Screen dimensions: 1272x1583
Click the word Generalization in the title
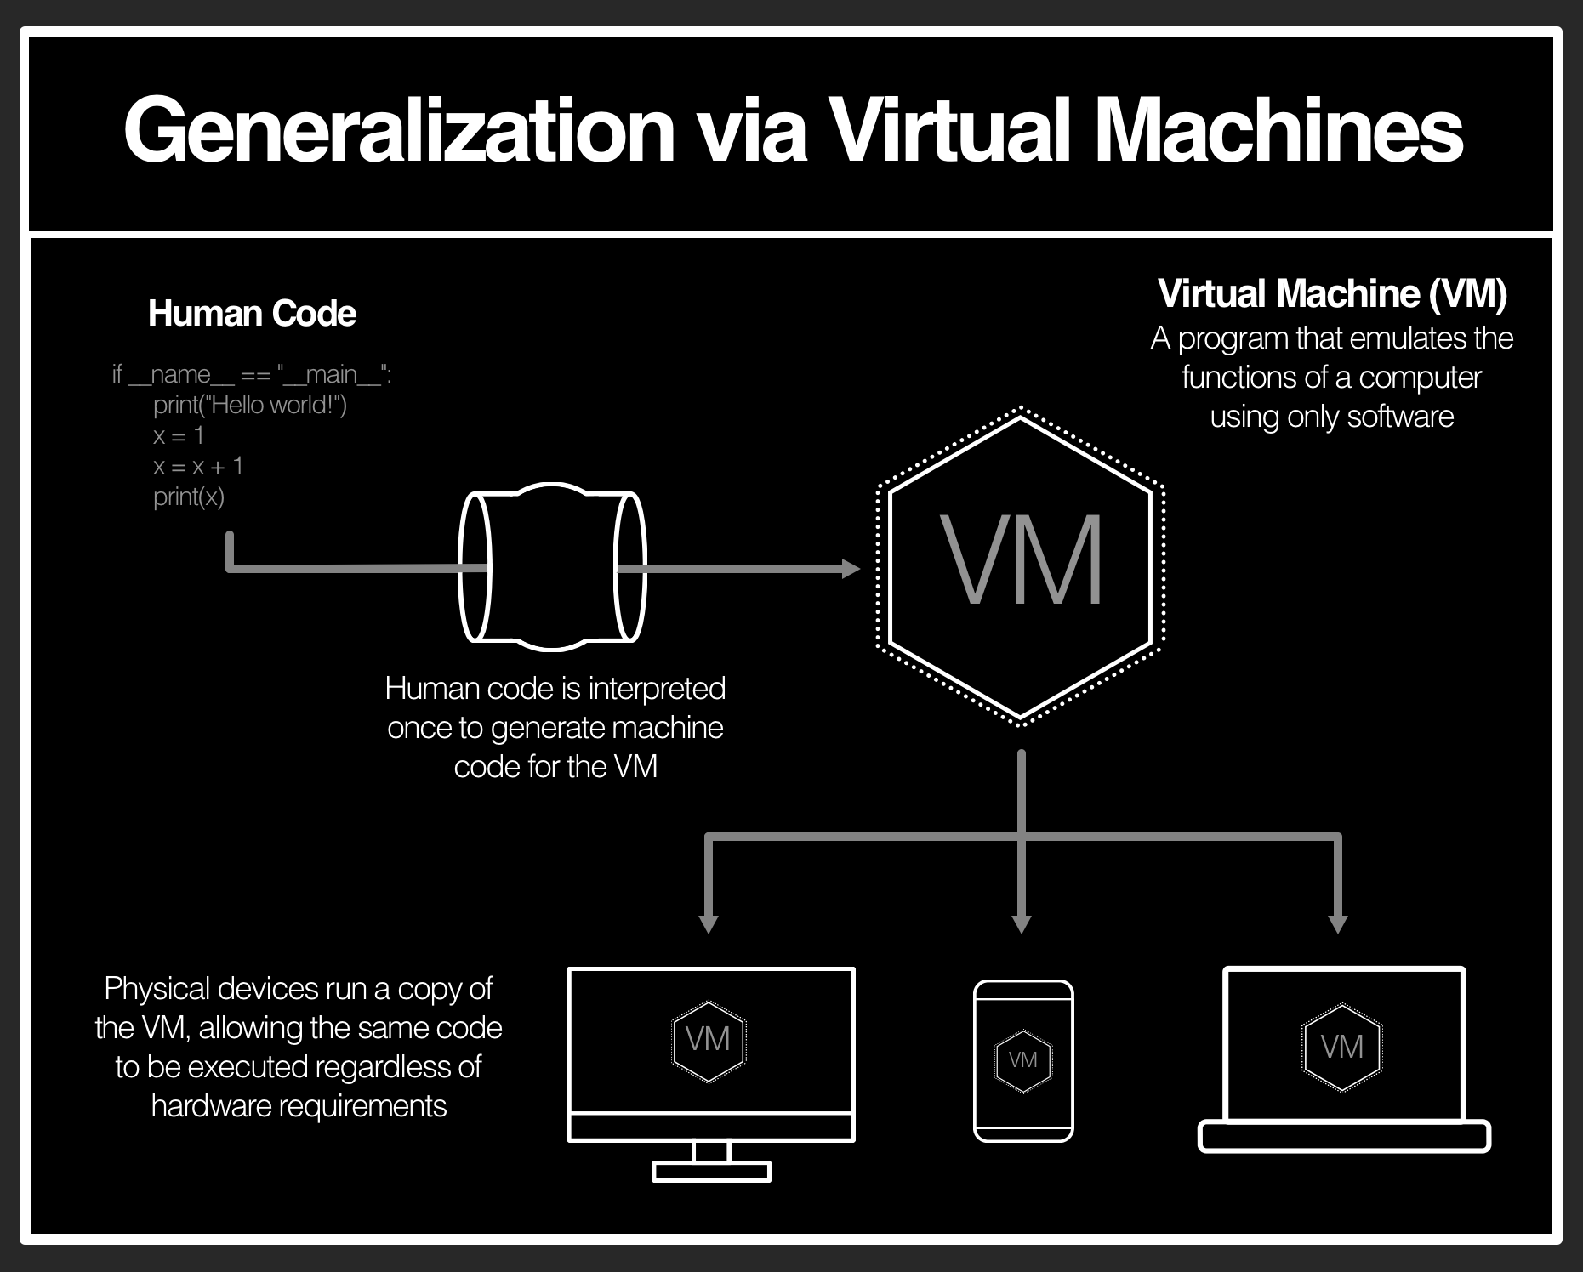(399, 130)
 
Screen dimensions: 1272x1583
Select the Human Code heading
(252, 314)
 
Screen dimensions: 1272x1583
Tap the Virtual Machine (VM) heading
(1332, 294)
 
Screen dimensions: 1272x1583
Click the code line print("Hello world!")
(250, 405)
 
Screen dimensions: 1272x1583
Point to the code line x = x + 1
(198, 466)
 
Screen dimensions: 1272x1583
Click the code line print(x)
(189, 497)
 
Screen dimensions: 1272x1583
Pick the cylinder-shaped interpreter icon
(552, 567)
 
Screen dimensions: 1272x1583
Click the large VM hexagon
(1020, 565)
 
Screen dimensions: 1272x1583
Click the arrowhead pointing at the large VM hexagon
(850, 568)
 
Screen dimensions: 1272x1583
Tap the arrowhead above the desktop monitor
(709, 924)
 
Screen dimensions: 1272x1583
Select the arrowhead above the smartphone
(1022, 924)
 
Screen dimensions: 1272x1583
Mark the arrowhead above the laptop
(1337, 924)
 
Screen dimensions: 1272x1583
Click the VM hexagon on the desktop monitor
(709, 1040)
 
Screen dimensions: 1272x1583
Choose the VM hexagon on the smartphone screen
(1022, 1060)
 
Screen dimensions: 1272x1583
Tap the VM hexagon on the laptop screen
(1342, 1047)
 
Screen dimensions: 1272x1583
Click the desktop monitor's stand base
(711, 1172)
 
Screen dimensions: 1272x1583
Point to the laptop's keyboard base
(1344, 1137)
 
